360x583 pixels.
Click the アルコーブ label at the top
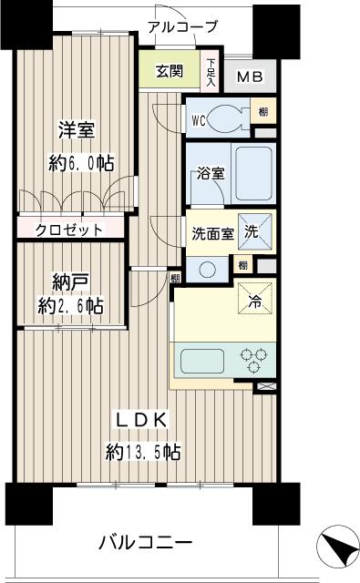tap(182, 26)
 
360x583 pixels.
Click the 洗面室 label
tap(212, 233)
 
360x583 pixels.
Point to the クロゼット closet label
tap(69, 230)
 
